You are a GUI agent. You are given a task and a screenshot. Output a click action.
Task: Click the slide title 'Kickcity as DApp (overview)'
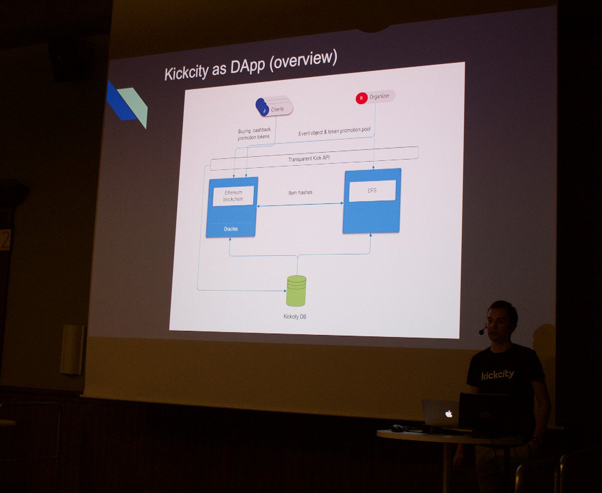pos(251,65)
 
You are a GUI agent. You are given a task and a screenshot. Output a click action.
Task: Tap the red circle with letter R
pos(361,98)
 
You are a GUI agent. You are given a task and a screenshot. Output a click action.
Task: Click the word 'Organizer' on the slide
pos(379,96)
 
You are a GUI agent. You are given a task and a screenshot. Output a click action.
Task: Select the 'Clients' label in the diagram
pos(277,109)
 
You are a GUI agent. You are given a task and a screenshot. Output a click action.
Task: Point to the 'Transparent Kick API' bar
pos(314,158)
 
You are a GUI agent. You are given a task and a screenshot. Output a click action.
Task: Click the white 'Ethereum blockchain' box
pos(233,196)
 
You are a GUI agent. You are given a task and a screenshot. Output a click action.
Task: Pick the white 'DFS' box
pos(372,190)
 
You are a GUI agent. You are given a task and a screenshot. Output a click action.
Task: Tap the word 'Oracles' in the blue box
pos(231,229)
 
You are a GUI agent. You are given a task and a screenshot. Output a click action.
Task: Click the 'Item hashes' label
pos(300,193)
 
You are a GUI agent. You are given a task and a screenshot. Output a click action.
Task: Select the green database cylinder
pos(296,291)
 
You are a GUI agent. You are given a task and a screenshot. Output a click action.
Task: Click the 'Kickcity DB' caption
pos(295,316)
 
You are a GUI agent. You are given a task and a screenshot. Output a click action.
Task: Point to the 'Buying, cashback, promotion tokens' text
pos(254,134)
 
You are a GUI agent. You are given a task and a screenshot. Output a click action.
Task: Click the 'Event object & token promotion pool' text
pos(334,132)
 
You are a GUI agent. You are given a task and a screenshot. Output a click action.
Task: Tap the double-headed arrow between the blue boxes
pos(300,204)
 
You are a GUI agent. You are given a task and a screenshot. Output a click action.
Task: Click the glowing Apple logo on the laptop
pos(448,414)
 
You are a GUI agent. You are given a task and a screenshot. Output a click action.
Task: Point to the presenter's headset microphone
pos(482,330)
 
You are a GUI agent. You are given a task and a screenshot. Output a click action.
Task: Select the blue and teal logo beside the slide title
pos(127,104)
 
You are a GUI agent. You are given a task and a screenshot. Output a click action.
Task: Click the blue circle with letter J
pos(264,110)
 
